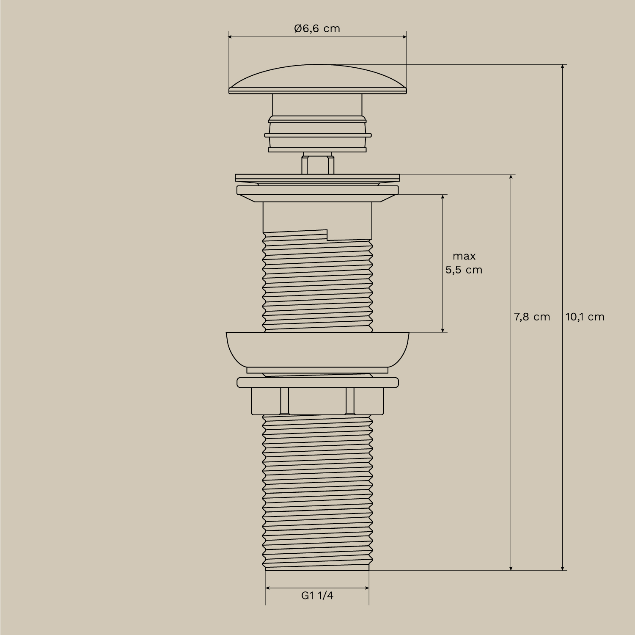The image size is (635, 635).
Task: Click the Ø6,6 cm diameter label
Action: [317, 29]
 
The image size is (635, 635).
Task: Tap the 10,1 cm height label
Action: [585, 317]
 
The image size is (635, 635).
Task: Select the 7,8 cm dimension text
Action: [532, 317]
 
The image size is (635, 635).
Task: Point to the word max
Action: [464, 256]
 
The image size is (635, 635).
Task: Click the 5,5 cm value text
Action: [464, 270]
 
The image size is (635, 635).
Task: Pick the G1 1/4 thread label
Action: [317, 596]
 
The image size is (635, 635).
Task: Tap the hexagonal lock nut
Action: [317, 401]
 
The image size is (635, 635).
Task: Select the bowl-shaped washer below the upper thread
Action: [317, 348]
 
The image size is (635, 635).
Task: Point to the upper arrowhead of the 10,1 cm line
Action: [563, 67]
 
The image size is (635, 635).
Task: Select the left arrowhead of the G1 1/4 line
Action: [268, 588]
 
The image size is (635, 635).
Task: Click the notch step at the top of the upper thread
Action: [328, 235]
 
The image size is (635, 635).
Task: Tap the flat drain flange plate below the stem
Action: [317, 177]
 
